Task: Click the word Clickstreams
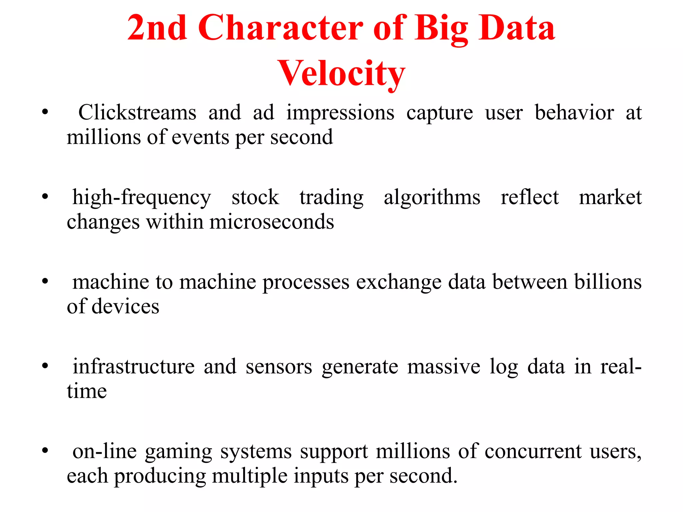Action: tap(137, 113)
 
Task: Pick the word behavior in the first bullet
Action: tap(574, 113)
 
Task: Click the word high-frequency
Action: tap(142, 198)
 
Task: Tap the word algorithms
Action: tap(432, 198)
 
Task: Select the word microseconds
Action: tap(271, 222)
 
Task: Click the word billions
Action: tap(608, 282)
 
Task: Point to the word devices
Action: tap(125, 307)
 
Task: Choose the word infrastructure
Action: tap(133, 367)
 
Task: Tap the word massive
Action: tap(444, 367)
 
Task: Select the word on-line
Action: tap(105, 451)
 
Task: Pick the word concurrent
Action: tap(533, 452)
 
